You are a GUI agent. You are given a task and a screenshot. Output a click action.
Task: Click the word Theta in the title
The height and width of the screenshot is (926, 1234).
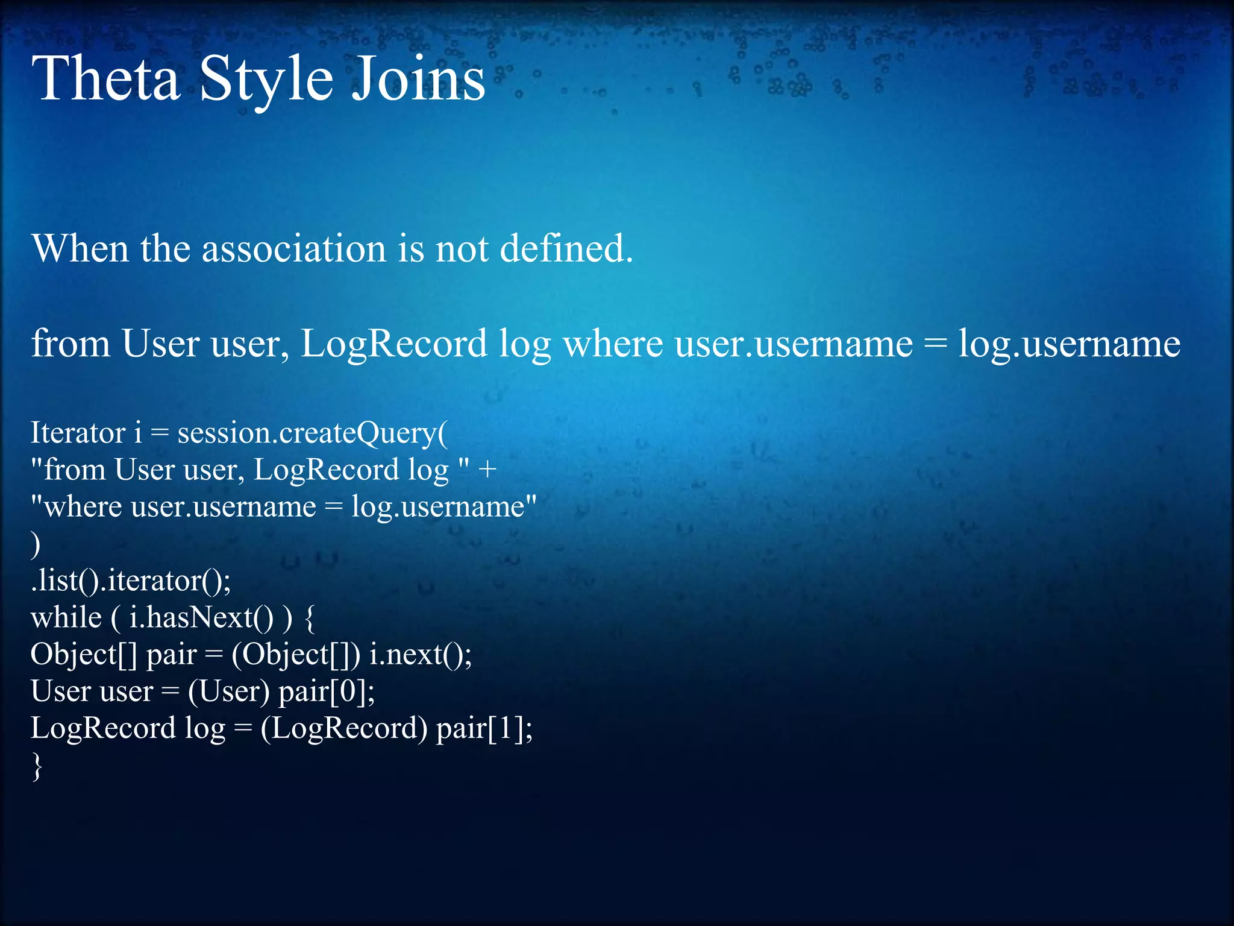click(x=106, y=78)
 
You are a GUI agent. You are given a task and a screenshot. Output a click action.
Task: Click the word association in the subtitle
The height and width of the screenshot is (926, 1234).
click(x=293, y=248)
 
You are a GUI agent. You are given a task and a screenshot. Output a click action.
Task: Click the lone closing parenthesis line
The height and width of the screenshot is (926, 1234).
click(x=36, y=544)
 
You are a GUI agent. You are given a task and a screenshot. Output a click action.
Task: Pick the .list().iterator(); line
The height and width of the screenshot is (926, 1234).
click(x=131, y=581)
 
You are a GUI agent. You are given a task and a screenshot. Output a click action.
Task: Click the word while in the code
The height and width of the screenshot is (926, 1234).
click(x=66, y=617)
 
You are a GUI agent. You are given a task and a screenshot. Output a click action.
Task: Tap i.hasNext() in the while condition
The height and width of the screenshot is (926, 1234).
click(x=201, y=618)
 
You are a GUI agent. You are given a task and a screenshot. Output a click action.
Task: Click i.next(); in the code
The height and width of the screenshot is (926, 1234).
click(x=421, y=655)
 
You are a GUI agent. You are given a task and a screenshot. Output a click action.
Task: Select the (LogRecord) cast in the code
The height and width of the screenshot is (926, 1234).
click(x=343, y=729)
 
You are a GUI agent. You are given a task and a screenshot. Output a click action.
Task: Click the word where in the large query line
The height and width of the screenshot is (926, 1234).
click(x=612, y=344)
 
